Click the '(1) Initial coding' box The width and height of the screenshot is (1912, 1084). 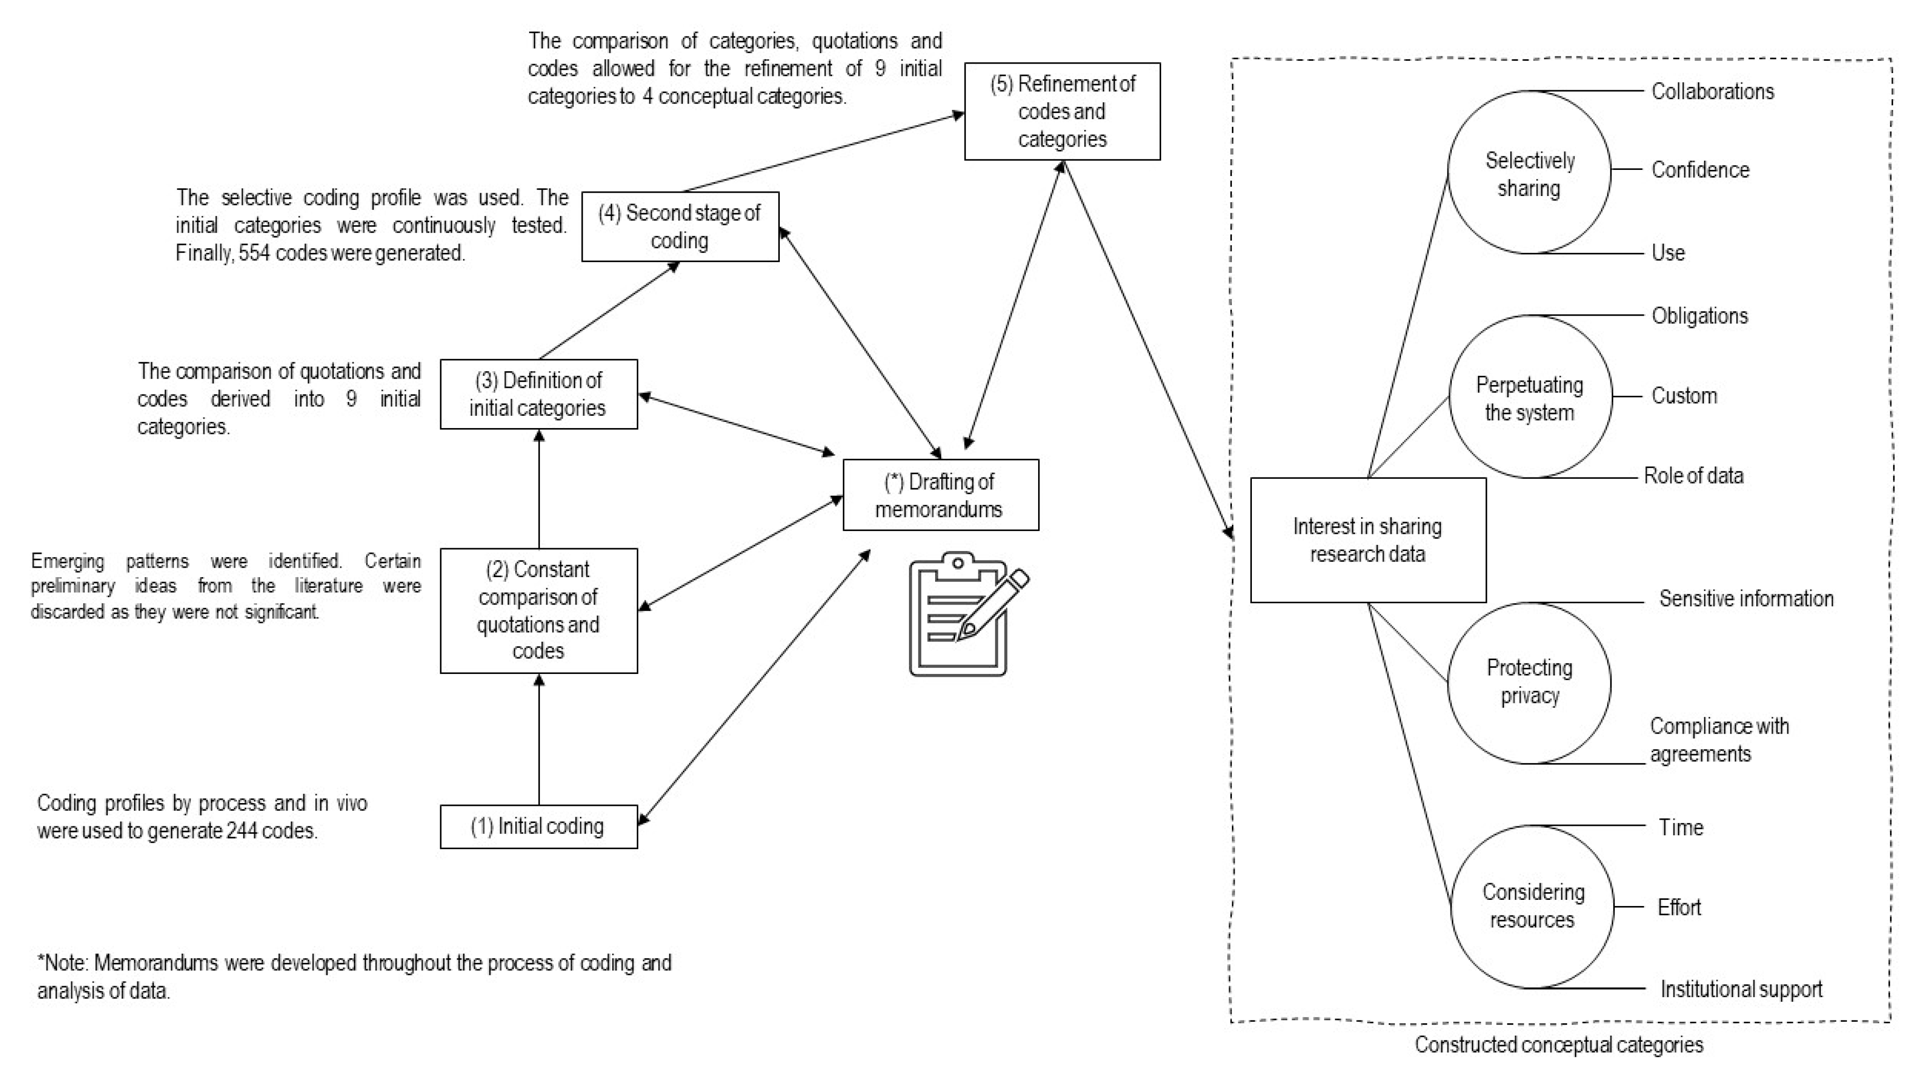pos(538,826)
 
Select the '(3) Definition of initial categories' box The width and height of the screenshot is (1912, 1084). pos(538,394)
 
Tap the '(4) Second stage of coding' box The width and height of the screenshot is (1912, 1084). pos(679,226)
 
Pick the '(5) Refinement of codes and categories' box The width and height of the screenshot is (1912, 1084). pos(1061,112)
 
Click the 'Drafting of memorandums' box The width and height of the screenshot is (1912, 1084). pos(940,495)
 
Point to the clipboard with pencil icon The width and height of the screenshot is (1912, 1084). pos(965,614)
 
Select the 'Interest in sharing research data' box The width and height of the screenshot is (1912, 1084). pos(1368,540)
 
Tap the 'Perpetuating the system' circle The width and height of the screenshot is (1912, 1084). pos(1529,398)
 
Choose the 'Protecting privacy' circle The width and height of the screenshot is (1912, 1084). pos(1529,681)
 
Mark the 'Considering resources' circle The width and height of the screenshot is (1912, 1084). pos(1532,906)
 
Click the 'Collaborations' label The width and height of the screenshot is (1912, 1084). pos(1713,92)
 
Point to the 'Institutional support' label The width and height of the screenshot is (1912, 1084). pos(1741,990)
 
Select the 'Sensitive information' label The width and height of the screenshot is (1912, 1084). pos(1745,598)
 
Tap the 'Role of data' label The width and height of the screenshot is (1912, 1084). pos(1693,476)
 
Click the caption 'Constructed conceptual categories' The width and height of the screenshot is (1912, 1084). pos(1558,1045)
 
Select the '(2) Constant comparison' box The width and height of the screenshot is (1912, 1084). pos(538,610)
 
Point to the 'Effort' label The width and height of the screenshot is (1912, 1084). pos(1679,907)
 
